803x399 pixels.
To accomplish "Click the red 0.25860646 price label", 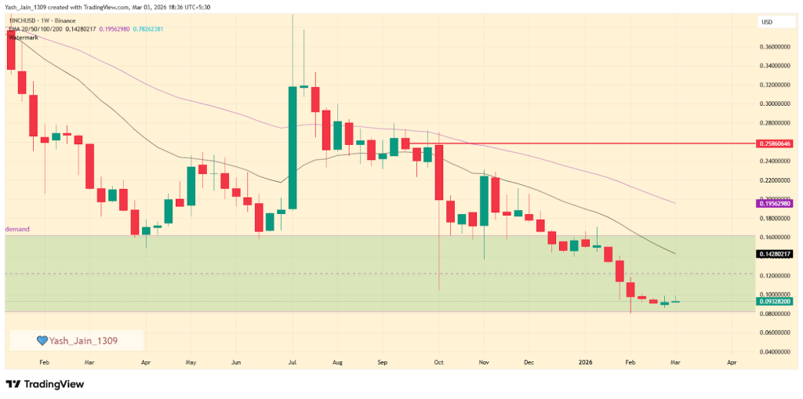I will tap(775, 144).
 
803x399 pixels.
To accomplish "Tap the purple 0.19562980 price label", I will tap(775, 203).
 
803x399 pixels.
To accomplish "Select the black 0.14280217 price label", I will tap(775, 254).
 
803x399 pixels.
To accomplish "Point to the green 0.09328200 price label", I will tap(775, 301).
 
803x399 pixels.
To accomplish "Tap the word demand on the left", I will tap(17, 229).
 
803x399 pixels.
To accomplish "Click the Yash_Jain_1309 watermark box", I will tap(76, 340).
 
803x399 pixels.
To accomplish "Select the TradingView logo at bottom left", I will tap(45, 384).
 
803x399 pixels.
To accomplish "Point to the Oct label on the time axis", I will tap(439, 363).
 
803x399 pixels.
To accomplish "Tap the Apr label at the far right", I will tap(732, 363).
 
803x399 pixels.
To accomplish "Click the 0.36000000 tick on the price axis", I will tap(775, 47).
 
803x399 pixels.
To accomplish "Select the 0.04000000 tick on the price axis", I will tap(775, 352).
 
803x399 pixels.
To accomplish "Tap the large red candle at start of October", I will tap(439, 172).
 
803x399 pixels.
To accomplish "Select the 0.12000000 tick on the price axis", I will tap(775, 276).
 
